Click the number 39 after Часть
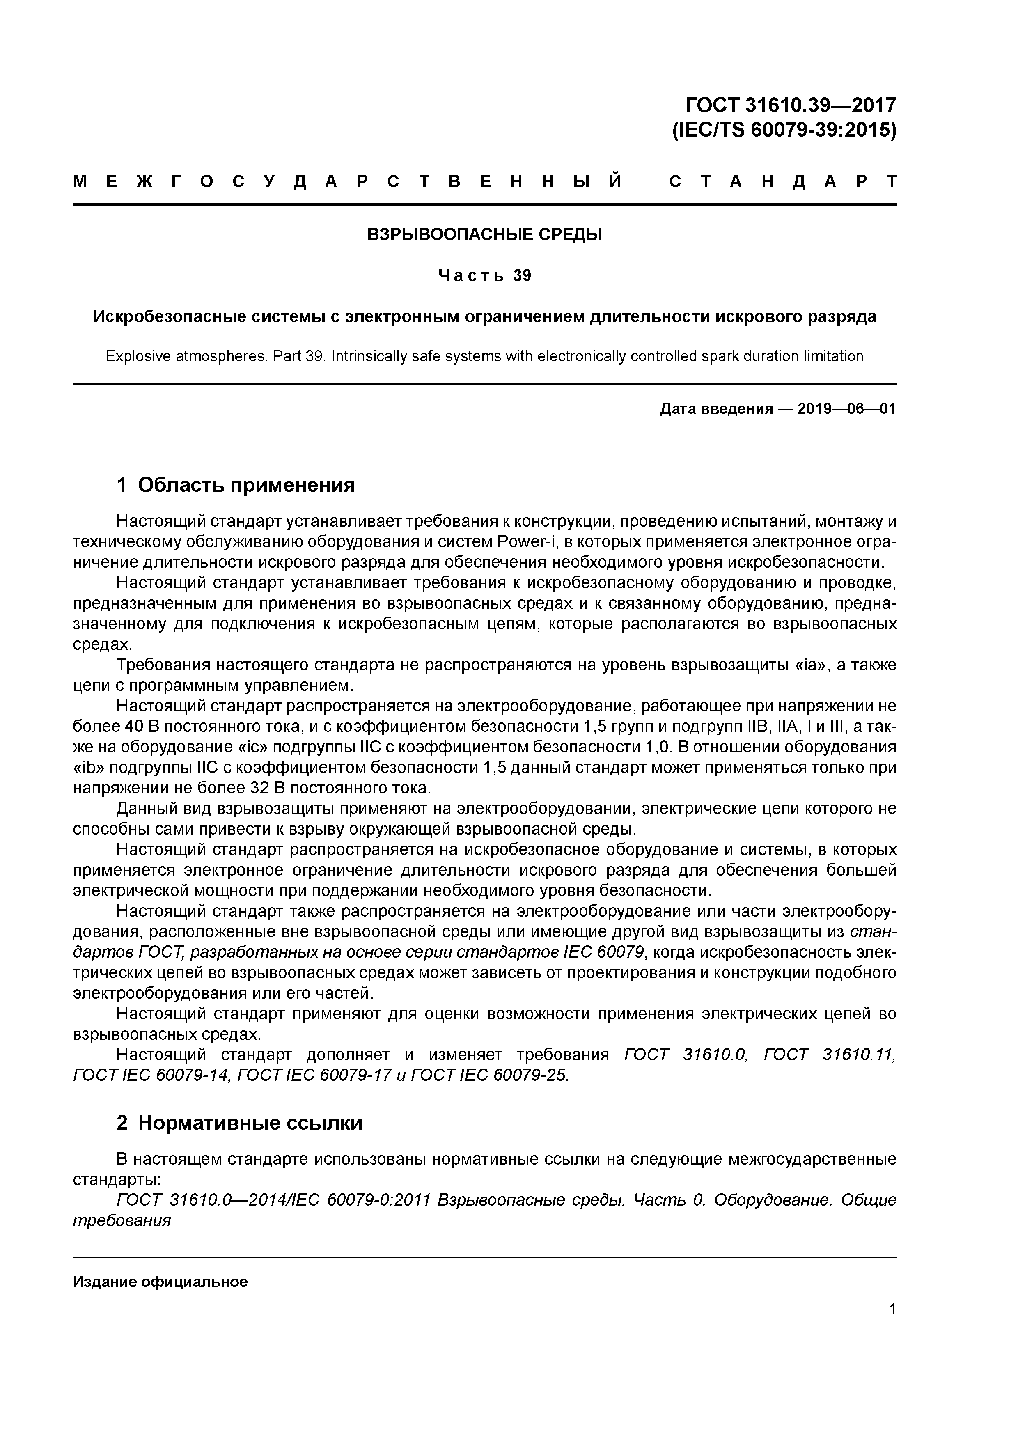point(522,276)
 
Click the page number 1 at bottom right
point(892,1309)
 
